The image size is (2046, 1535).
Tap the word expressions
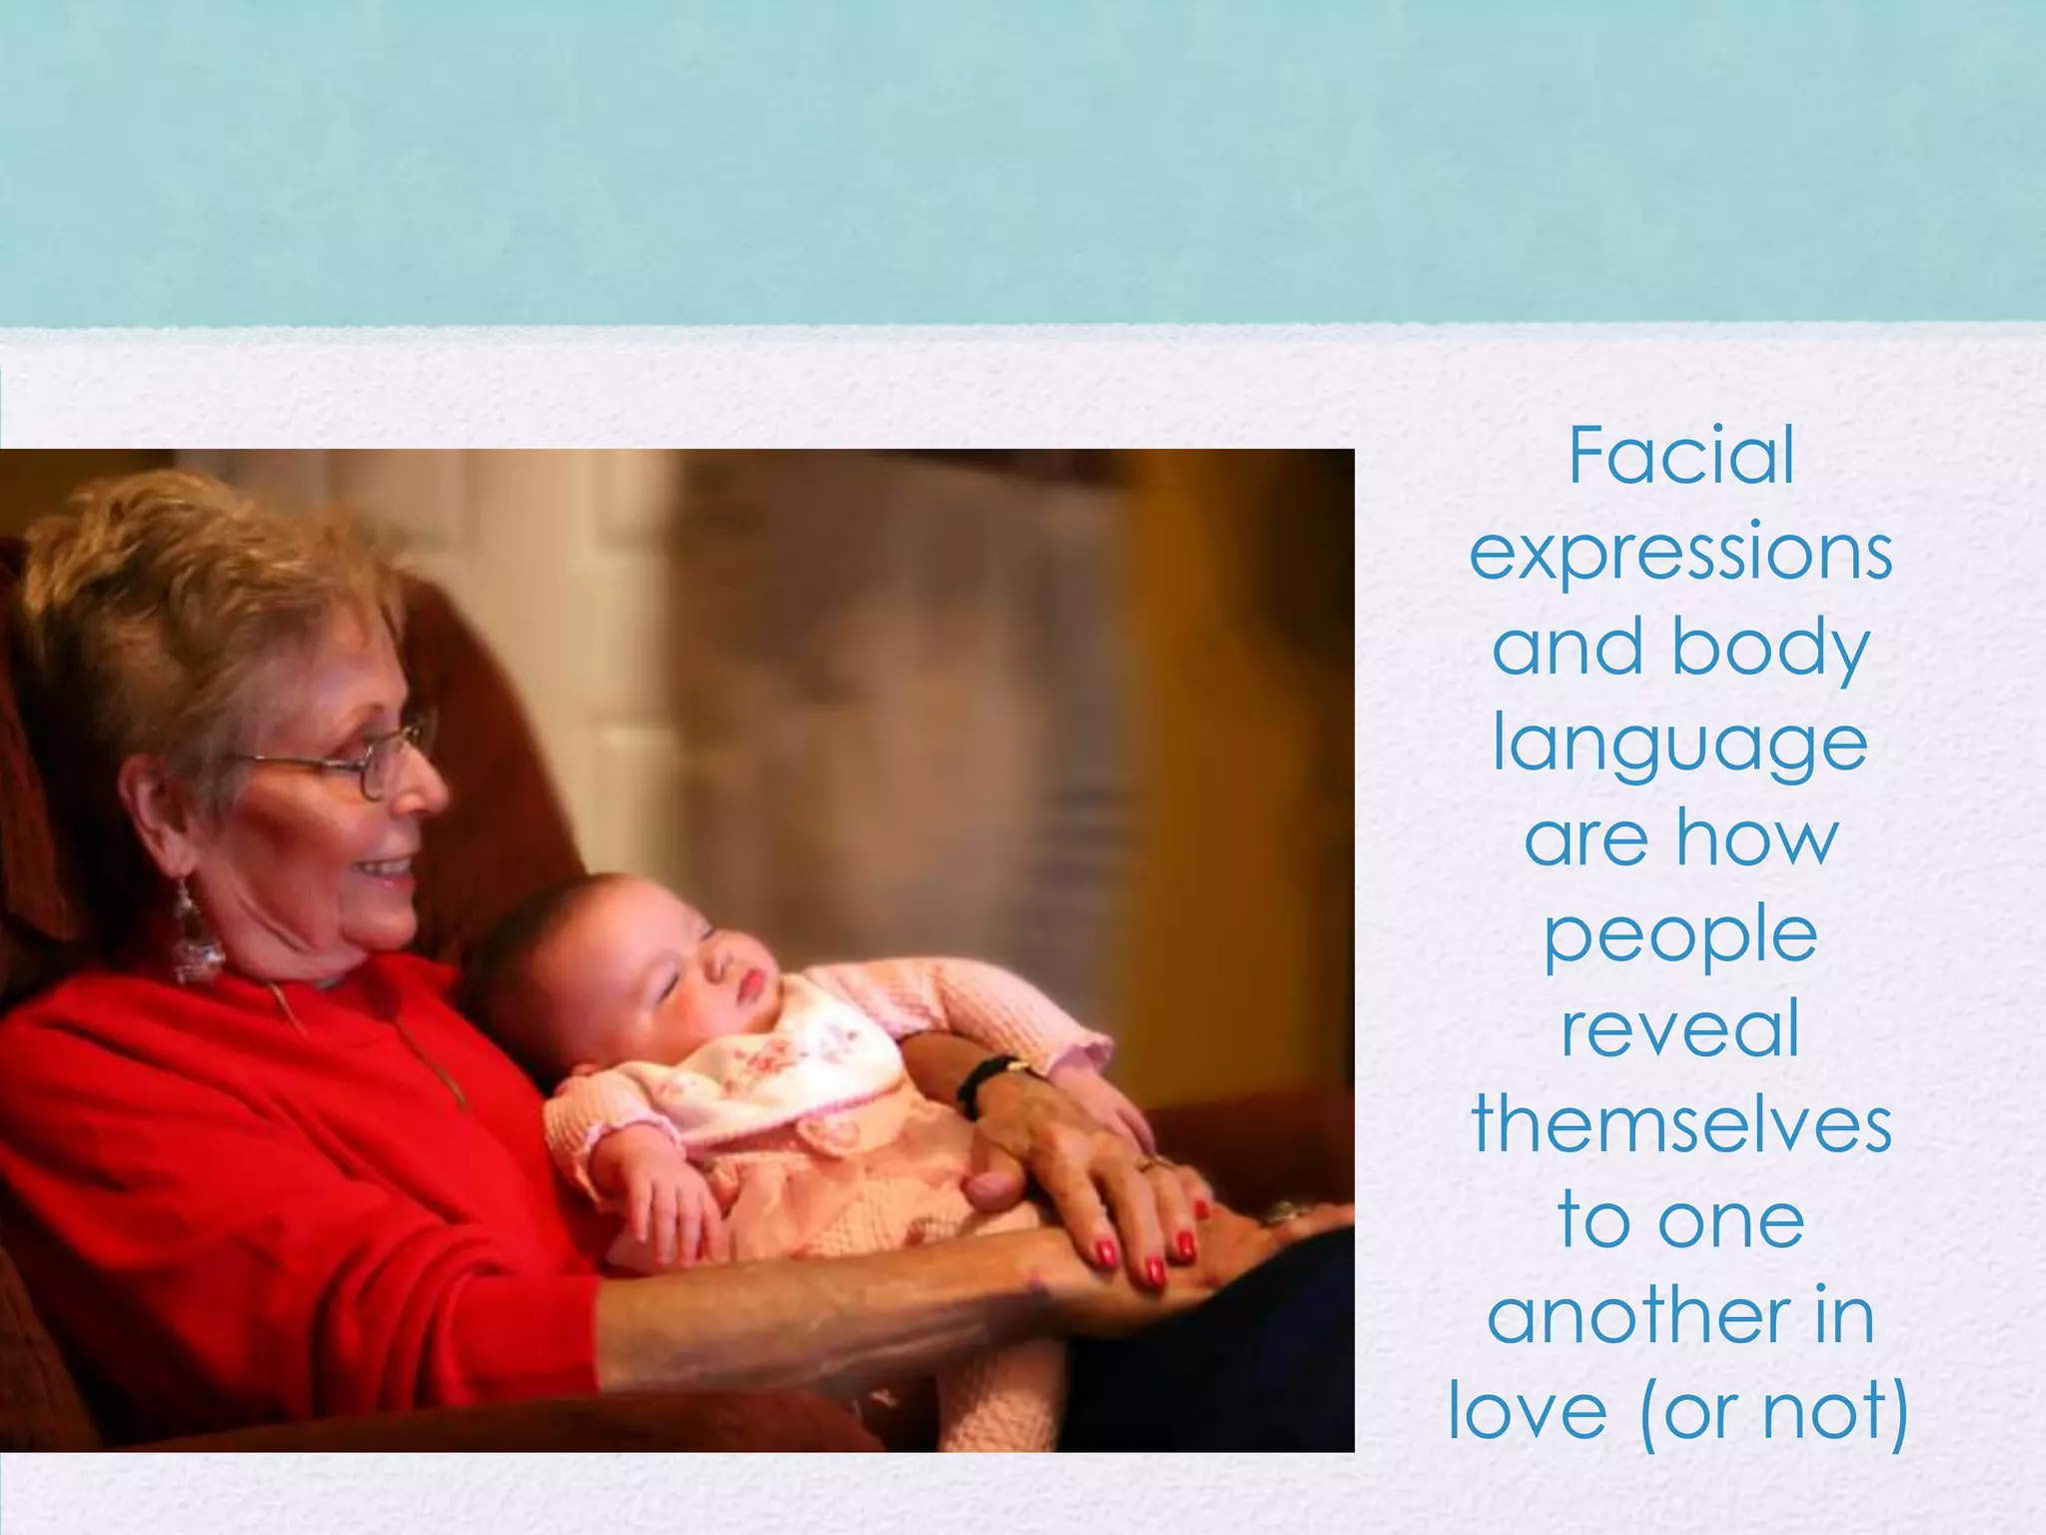(1681, 553)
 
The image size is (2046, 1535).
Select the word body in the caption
(1769, 649)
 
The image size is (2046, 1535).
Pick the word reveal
(1681, 1030)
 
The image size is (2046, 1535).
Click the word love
(1529, 1412)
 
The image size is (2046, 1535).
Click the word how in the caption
(1757, 839)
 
